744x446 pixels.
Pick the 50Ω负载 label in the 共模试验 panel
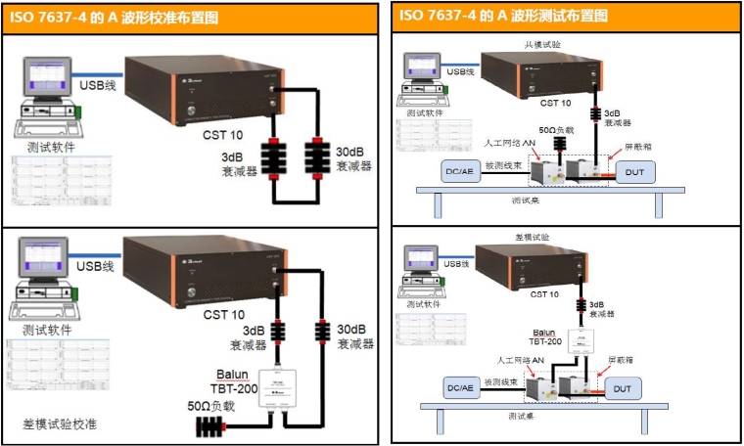pos(559,129)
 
